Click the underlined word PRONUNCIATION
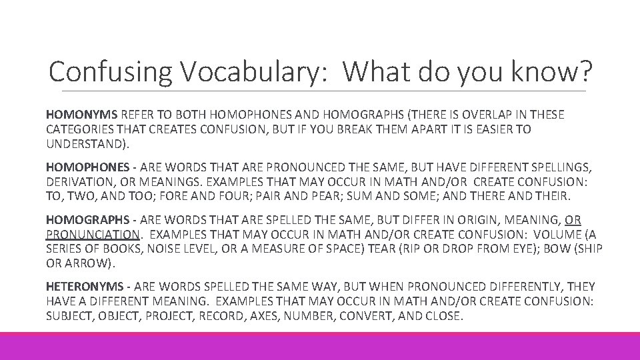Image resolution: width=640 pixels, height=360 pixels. (x=92, y=235)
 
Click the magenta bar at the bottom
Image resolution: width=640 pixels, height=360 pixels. (x=320, y=346)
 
